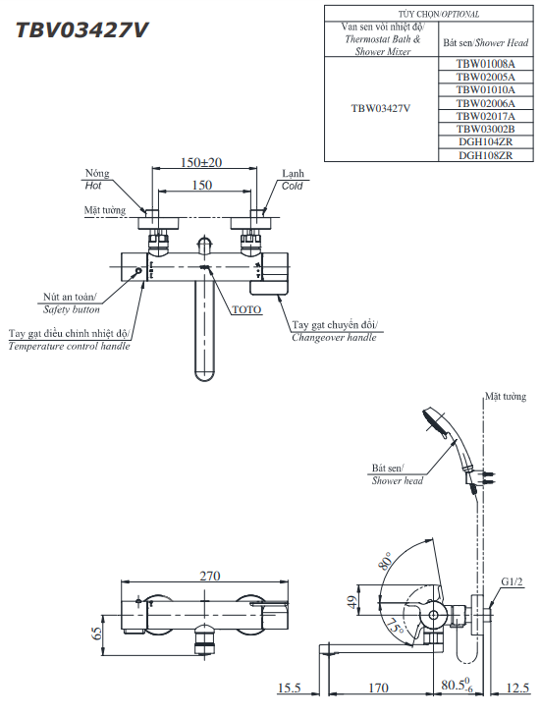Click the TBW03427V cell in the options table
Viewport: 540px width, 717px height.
380,109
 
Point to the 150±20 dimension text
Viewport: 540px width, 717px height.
202,162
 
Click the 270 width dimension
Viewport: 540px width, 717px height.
210,576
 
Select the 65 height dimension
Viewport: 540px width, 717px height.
96,634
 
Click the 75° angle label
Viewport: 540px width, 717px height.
394,625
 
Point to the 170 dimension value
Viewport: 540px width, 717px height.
378,689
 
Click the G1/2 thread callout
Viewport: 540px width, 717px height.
512,581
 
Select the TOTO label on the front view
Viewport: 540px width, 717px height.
246,309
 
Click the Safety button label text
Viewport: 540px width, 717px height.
72,308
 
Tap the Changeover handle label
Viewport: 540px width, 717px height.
334,337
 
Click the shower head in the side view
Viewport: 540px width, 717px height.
435,423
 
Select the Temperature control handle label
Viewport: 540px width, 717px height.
69,346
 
